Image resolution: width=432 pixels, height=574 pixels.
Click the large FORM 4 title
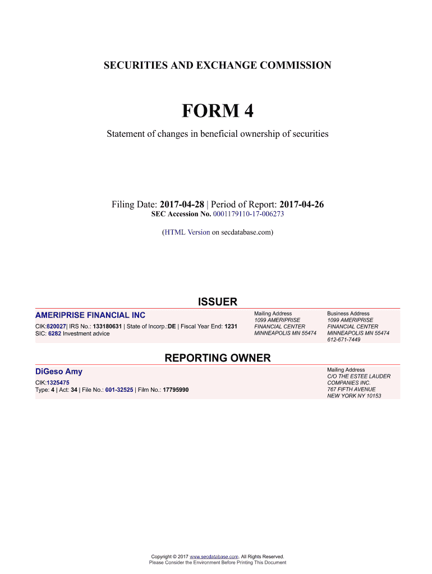[x=217, y=111]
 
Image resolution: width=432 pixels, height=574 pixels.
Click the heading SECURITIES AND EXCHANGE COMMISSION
[x=217, y=66]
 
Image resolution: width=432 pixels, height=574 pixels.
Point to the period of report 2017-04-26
[x=301, y=205]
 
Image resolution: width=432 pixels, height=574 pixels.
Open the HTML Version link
[x=187, y=232]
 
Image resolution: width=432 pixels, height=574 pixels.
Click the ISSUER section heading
[x=217, y=302]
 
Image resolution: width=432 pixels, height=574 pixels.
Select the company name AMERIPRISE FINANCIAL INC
[x=90, y=316]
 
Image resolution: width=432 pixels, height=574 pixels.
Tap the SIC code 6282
[x=54, y=334]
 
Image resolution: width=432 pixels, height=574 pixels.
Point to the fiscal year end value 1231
[x=231, y=326]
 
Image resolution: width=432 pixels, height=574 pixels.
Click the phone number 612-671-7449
[x=344, y=340]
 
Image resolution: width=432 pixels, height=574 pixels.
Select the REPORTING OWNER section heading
[x=217, y=358]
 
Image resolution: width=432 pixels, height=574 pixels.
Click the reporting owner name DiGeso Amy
[x=58, y=372]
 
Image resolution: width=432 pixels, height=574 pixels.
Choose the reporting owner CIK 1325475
[x=58, y=382]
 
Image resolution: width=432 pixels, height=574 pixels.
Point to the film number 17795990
[x=176, y=390]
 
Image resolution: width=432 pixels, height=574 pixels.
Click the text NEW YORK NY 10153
[x=354, y=396]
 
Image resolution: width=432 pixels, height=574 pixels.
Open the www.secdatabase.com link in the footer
[x=215, y=557]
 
